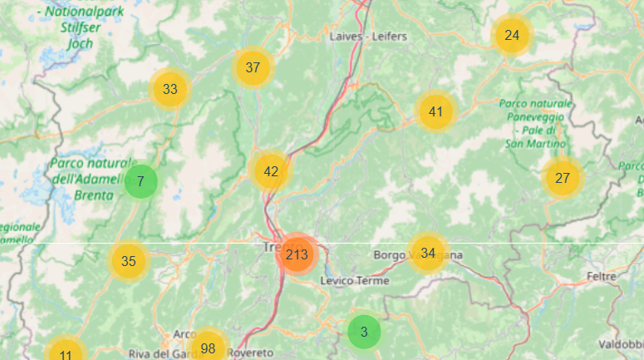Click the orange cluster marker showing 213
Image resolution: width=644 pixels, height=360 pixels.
(x=297, y=254)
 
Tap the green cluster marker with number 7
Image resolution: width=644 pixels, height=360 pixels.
(x=141, y=181)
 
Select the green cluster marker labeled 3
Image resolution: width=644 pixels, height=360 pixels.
(x=364, y=332)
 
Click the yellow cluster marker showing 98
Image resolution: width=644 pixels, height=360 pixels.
(x=208, y=348)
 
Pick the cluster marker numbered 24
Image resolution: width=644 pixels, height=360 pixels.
(x=512, y=35)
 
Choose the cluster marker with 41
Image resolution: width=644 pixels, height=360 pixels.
(x=436, y=111)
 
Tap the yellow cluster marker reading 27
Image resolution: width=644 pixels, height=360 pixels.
(x=563, y=178)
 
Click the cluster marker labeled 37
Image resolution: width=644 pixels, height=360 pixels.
(x=253, y=67)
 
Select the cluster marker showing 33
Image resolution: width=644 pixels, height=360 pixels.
(x=170, y=89)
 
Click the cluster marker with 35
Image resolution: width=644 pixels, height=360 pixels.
(x=129, y=261)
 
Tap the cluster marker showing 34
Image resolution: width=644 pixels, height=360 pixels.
(x=428, y=253)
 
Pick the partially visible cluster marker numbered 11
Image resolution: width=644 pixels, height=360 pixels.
(x=65, y=353)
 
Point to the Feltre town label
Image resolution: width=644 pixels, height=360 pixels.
(x=600, y=276)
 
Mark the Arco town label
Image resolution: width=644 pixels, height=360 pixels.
(x=184, y=334)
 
